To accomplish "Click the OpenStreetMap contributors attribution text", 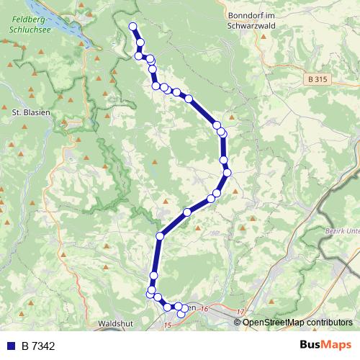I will coord(297,322).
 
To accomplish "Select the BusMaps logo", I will coord(325,345).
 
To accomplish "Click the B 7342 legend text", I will coord(38,346).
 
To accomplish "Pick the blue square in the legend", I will coord(10,346).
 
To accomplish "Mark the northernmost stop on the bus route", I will coord(132,27).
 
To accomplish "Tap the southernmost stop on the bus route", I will coord(181,314).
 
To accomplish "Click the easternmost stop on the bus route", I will coord(228,172).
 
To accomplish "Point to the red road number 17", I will coord(240,312).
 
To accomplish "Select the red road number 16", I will coord(204,308).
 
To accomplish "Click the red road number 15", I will coord(168,325).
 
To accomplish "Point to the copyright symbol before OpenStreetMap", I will coord(238,322).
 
